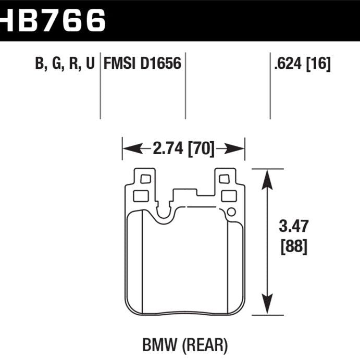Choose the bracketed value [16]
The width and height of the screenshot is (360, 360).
tap(319, 64)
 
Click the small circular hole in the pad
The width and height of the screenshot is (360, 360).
tap(231, 212)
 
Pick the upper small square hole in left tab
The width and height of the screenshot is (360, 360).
tap(145, 179)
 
